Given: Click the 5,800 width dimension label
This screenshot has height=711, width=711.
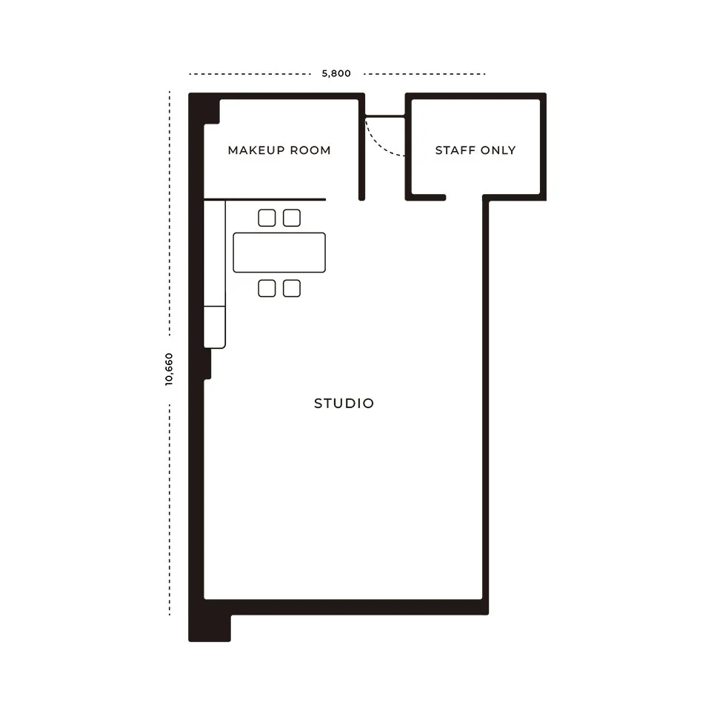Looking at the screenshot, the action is [336, 73].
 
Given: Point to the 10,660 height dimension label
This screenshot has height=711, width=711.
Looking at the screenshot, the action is [169, 370].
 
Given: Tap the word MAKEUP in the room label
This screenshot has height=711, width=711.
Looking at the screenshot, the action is [256, 150].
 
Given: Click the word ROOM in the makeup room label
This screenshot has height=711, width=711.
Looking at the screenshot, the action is [310, 150].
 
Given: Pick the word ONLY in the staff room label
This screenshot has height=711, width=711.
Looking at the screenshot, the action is [498, 150].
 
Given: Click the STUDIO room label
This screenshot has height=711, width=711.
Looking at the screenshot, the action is [344, 403].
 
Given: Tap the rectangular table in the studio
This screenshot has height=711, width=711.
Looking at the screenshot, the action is [279, 253].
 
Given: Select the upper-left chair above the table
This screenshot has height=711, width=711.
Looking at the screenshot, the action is [267, 218].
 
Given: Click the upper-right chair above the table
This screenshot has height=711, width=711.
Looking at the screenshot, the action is [292, 218].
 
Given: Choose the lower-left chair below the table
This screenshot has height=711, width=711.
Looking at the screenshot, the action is [267, 288].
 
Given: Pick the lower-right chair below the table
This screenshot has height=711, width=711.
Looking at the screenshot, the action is [292, 288].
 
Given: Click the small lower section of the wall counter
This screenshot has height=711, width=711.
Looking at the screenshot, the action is [215, 327].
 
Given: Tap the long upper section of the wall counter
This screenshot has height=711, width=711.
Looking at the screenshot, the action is [215, 253].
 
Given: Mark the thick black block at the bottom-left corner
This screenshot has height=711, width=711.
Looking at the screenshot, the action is [210, 628].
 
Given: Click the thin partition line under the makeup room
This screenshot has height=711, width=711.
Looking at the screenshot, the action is [265, 199].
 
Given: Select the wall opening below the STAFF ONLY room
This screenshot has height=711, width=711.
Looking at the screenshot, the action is [464, 197].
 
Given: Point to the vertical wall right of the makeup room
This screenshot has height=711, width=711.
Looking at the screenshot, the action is [362, 147].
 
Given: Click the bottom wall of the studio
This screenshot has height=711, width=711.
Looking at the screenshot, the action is [347, 607].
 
